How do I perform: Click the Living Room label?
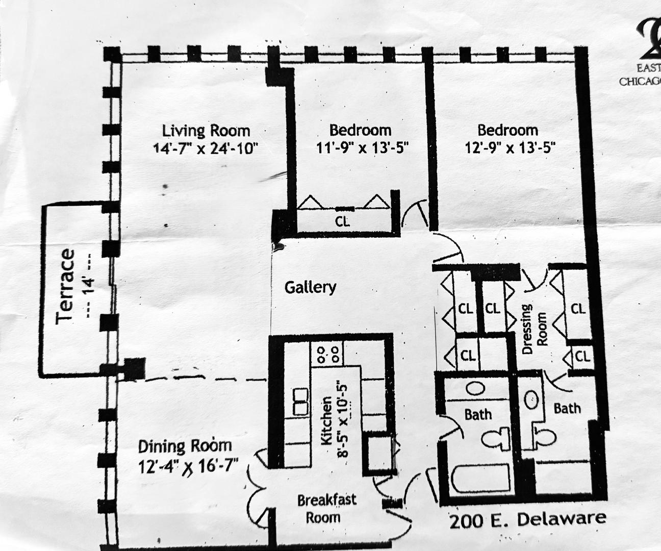click(x=206, y=130)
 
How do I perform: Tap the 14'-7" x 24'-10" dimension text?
click(x=206, y=148)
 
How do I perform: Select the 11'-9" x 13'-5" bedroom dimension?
click(x=363, y=148)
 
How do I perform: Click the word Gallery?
click(x=310, y=287)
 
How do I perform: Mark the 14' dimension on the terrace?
click(x=90, y=286)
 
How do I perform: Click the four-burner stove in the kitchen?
click(x=327, y=354)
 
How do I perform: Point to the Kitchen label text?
click(x=327, y=420)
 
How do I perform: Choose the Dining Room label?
click(x=185, y=446)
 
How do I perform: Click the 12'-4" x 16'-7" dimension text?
click(x=188, y=466)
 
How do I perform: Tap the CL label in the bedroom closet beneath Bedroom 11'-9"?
click(x=343, y=221)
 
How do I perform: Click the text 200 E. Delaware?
click(x=527, y=520)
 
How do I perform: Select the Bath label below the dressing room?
click(x=567, y=408)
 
